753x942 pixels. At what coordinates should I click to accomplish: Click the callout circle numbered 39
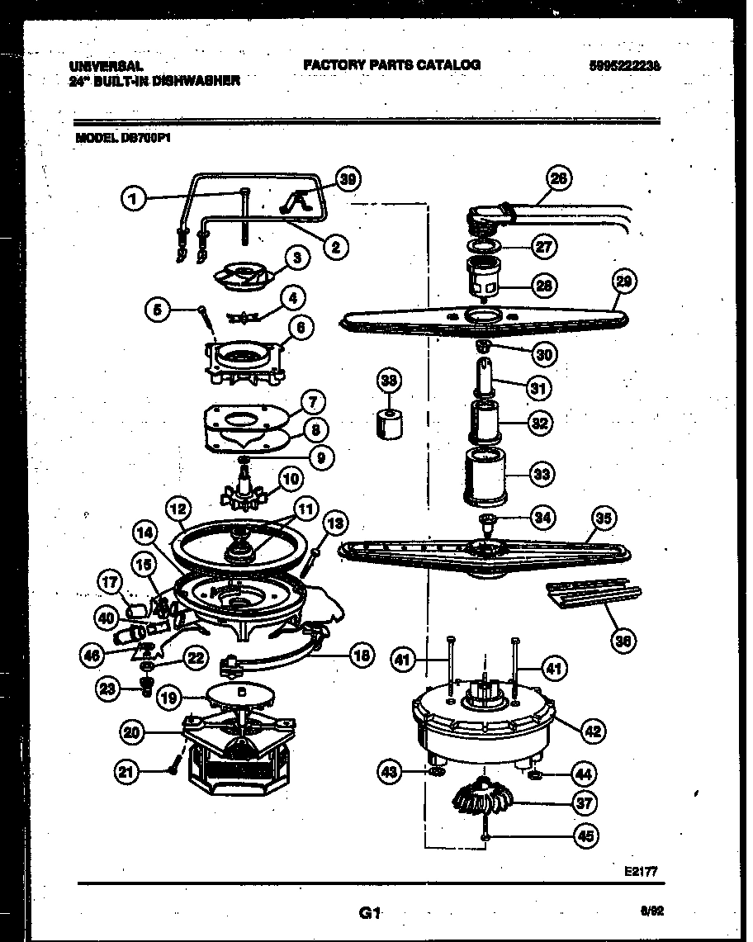(350, 180)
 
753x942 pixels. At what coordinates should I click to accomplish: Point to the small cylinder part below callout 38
(390, 423)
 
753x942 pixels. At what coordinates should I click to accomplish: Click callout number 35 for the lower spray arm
(604, 518)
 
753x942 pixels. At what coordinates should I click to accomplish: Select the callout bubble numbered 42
(591, 730)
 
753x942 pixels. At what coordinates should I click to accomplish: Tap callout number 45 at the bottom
(585, 835)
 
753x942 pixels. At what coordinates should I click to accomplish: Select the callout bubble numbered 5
(158, 310)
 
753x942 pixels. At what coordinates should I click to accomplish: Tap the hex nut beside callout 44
(533, 775)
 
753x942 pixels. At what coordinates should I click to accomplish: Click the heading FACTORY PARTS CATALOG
(391, 64)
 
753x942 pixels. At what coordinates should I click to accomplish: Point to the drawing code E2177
(641, 870)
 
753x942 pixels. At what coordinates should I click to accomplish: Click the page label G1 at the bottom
(369, 913)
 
